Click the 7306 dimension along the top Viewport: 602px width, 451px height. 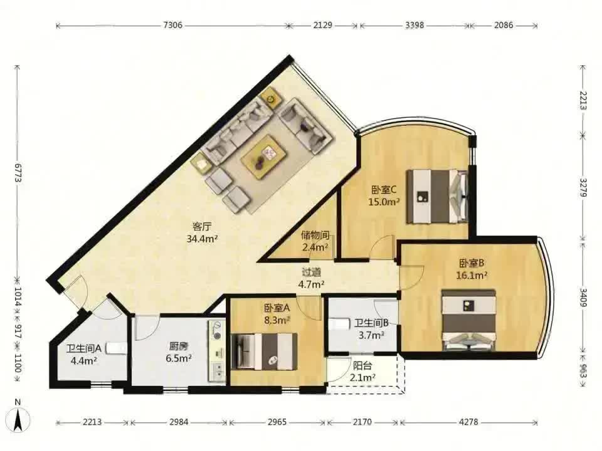(x=173, y=25)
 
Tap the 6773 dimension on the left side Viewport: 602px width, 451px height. (x=18, y=173)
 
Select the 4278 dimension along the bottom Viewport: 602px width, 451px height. (x=468, y=422)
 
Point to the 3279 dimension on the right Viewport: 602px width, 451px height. (x=583, y=187)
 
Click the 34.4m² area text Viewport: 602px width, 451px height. (x=203, y=239)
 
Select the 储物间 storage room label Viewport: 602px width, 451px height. (x=315, y=235)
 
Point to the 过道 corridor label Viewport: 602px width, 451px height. (x=312, y=272)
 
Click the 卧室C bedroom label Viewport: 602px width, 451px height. (x=384, y=189)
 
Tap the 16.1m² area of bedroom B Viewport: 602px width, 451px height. (x=472, y=276)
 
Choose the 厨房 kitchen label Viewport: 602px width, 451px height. (x=179, y=346)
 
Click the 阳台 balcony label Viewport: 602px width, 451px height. (x=362, y=365)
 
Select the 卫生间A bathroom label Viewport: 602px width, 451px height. (x=83, y=349)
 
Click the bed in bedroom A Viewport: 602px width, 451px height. (x=265, y=351)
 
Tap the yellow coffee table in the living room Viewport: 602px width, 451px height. (x=264, y=156)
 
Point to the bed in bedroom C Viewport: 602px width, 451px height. (x=437, y=196)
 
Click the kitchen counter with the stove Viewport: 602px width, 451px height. (x=218, y=352)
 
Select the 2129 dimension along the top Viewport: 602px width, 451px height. (x=322, y=25)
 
